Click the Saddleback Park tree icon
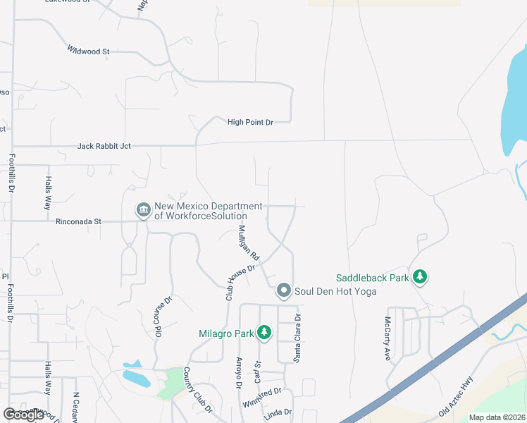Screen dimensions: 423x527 420,276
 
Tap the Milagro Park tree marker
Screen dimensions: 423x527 264,332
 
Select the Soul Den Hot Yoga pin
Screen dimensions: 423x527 284,290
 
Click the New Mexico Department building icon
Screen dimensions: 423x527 143,210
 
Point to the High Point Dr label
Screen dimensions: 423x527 250,122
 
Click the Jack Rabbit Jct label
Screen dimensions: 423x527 104,146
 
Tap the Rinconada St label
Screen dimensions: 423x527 78,221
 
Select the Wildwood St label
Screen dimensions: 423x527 89,51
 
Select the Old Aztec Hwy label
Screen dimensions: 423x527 455,396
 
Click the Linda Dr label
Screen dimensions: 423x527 278,412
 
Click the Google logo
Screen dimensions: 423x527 23,415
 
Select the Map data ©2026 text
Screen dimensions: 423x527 497,417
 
